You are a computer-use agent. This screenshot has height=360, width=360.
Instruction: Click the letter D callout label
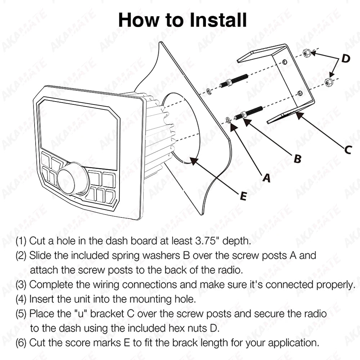point(346,58)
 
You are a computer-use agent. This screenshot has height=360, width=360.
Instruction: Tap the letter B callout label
point(297,158)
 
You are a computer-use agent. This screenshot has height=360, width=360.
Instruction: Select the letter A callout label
point(266,177)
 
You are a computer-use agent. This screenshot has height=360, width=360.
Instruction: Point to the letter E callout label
point(243,196)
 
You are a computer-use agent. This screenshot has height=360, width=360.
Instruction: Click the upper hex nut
point(306,53)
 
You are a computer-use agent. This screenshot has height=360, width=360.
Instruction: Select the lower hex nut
point(328,82)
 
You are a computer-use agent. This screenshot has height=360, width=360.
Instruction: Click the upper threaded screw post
point(234,81)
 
